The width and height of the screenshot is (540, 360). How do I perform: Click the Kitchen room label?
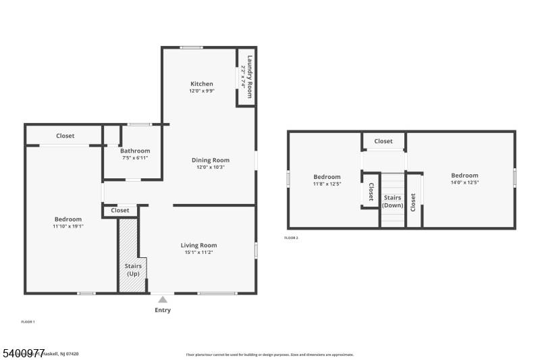coord(201,84)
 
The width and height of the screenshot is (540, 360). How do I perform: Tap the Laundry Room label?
coord(250,76)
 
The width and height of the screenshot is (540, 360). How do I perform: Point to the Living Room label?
coord(198,245)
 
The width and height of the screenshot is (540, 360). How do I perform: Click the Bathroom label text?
coord(135,151)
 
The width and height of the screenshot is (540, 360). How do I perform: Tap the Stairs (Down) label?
coord(392,201)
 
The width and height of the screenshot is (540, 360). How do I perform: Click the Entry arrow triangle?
coord(162,299)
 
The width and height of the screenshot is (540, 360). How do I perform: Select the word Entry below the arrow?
coord(163,311)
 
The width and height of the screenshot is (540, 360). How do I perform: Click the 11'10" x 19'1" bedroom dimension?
coord(67,226)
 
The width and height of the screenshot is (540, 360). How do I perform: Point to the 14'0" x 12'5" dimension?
coord(464,183)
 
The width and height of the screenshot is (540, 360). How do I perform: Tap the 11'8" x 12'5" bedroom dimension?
coord(327,184)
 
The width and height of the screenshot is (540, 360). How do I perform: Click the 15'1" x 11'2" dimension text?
coord(198,253)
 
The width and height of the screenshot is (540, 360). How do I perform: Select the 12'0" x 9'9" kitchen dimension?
coord(201,91)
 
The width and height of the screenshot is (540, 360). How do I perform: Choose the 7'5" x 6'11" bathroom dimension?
coord(135,158)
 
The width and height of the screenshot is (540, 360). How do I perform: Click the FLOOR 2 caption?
coord(291,238)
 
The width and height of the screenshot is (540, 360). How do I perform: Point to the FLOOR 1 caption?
coord(28,322)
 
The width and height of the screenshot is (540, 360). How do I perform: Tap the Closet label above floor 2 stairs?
coord(383,141)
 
